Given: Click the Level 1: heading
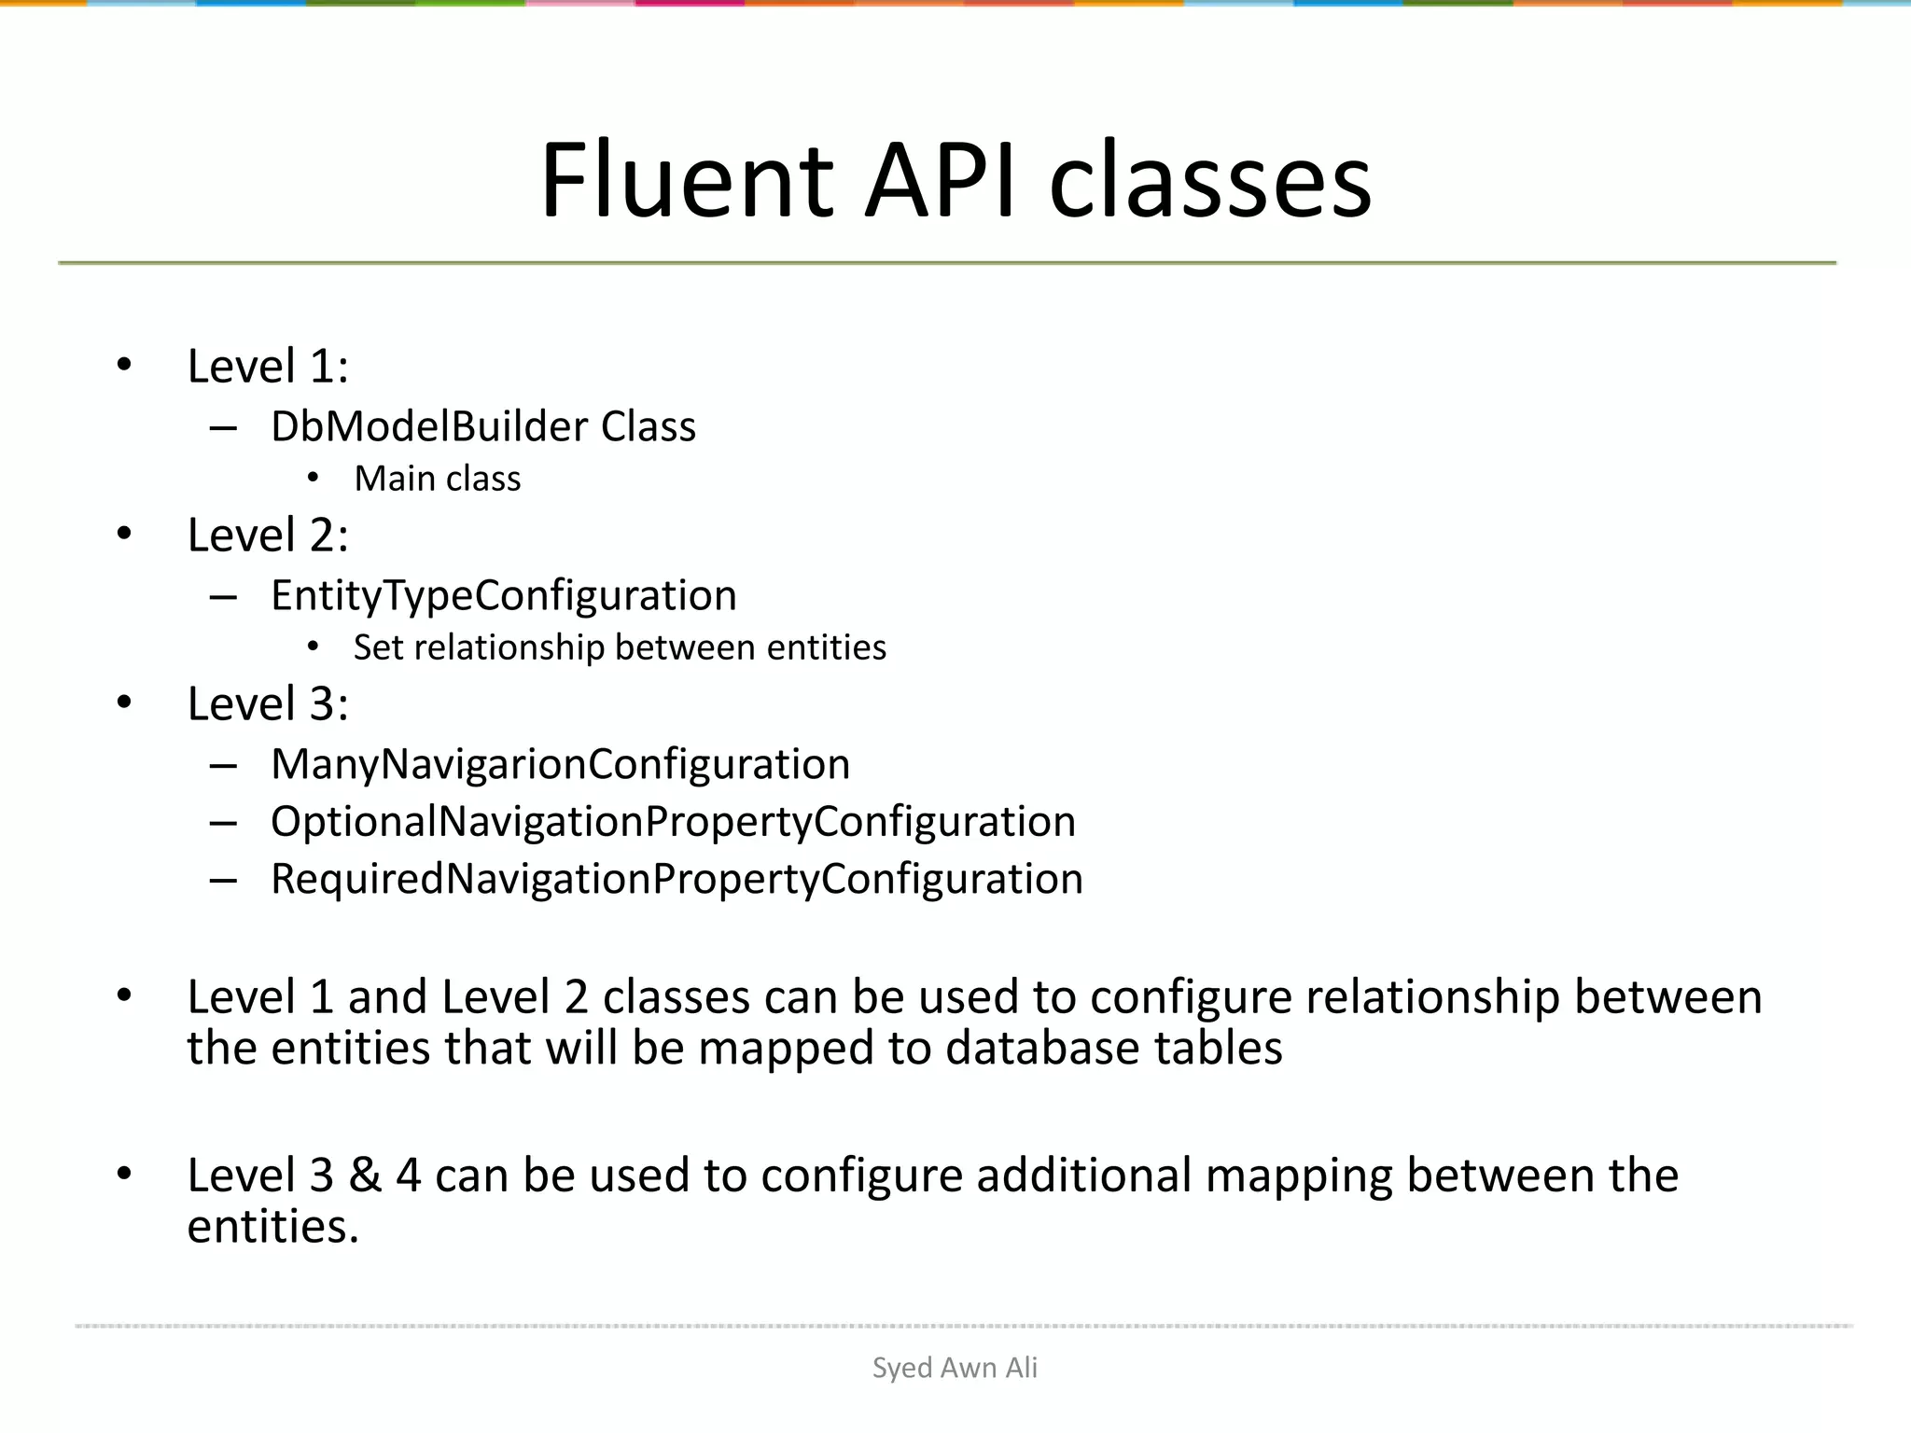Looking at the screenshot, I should (x=268, y=366).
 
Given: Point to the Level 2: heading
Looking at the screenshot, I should (x=268, y=535).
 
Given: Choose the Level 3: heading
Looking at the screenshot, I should (x=268, y=703).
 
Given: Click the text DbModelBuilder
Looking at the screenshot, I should (x=429, y=426).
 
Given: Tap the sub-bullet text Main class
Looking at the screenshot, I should (x=437, y=479).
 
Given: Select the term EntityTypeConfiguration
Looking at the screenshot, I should (x=504, y=595).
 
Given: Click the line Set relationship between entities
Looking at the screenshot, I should (x=620, y=647).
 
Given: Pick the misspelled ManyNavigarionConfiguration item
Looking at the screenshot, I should (x=560, y=764).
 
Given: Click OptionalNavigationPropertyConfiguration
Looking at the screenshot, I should (x=673, y=822).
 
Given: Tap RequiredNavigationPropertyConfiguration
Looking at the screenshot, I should (x=677, y=879).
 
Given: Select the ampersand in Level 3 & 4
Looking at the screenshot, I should (x=365, y=1175).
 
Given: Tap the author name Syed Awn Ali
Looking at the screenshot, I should (x=955, y=1368).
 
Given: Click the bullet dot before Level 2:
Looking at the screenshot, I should (x=124, y=534).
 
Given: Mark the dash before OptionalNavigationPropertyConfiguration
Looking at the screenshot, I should (x=223, y=823).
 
